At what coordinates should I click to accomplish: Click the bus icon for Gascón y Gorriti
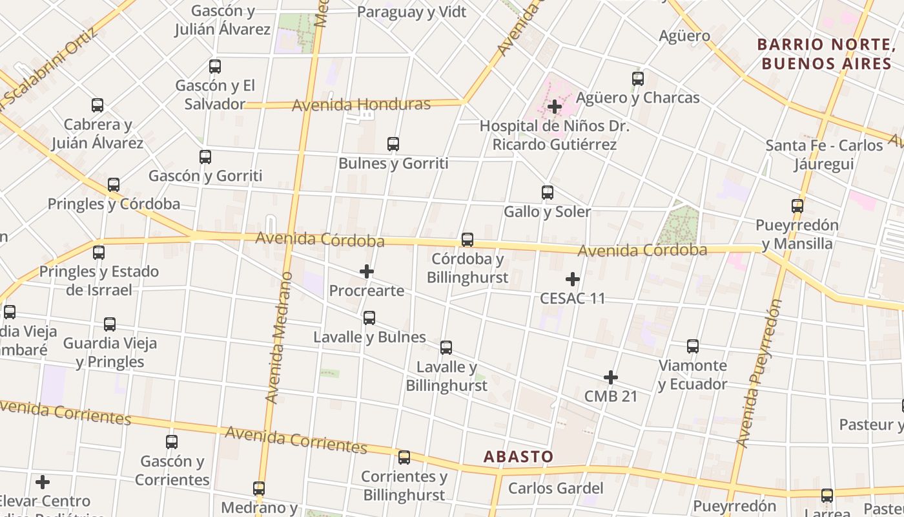point(205,156)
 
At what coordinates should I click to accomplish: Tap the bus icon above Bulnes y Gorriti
point(393,144)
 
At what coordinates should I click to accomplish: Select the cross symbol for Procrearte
point(367,271)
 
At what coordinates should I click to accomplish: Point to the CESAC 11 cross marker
point(573,279)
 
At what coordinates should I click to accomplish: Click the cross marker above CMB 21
point(611,377)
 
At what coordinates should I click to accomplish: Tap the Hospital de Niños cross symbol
point(555,107)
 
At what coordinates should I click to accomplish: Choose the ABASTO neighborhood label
point(519,457)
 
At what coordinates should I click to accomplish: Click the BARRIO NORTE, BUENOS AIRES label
point(825,54)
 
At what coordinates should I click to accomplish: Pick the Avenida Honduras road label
point(361,105)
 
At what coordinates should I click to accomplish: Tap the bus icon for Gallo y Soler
point(548,193)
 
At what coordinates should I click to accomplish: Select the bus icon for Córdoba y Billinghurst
point(467,240)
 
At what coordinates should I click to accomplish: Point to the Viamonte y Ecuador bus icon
point(693,346)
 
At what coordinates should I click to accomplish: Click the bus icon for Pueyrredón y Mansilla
point(797,206)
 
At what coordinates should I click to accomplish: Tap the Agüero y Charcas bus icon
point(638,79)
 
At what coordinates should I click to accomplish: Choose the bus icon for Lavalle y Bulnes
point(369,318)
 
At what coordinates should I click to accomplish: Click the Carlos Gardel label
point(555,488)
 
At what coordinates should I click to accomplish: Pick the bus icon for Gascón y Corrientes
point(172,442)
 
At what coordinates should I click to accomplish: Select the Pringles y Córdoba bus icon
point(114,185)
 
